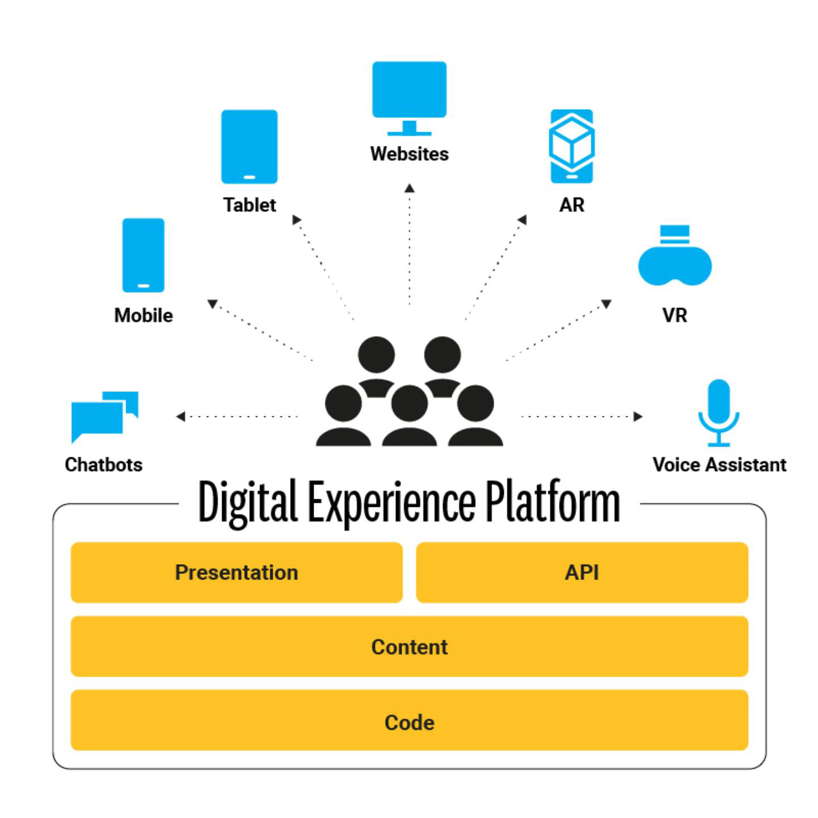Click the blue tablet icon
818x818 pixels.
point(249,147)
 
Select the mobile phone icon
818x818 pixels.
point(143,255)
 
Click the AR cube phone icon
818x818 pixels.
point(571,146)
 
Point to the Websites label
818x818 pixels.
point(409,154)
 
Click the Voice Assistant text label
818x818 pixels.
point(719,465)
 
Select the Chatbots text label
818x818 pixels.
point(103,465)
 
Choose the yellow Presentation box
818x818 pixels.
point(236,573)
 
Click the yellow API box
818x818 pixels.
point(582,573)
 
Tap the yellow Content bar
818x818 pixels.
point(409,646)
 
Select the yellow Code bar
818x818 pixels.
point(409,722)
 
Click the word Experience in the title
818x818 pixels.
point(391,503)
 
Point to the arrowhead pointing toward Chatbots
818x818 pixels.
point(181,417)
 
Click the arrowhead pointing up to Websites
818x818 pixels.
point(410,188)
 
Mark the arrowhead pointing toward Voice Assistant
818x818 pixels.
point(638,416)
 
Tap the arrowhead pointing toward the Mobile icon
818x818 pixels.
point(212,304)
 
